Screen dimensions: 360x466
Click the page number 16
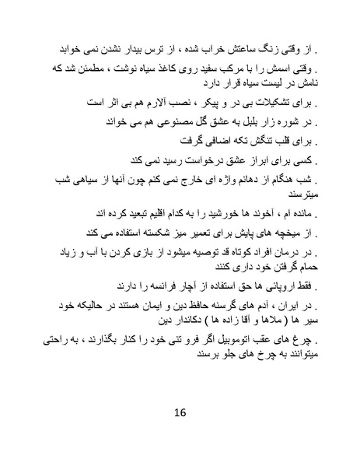pyautogui.click(x=180, y=412)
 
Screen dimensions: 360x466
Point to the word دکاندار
pyautogui.click(x=175, y=319)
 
